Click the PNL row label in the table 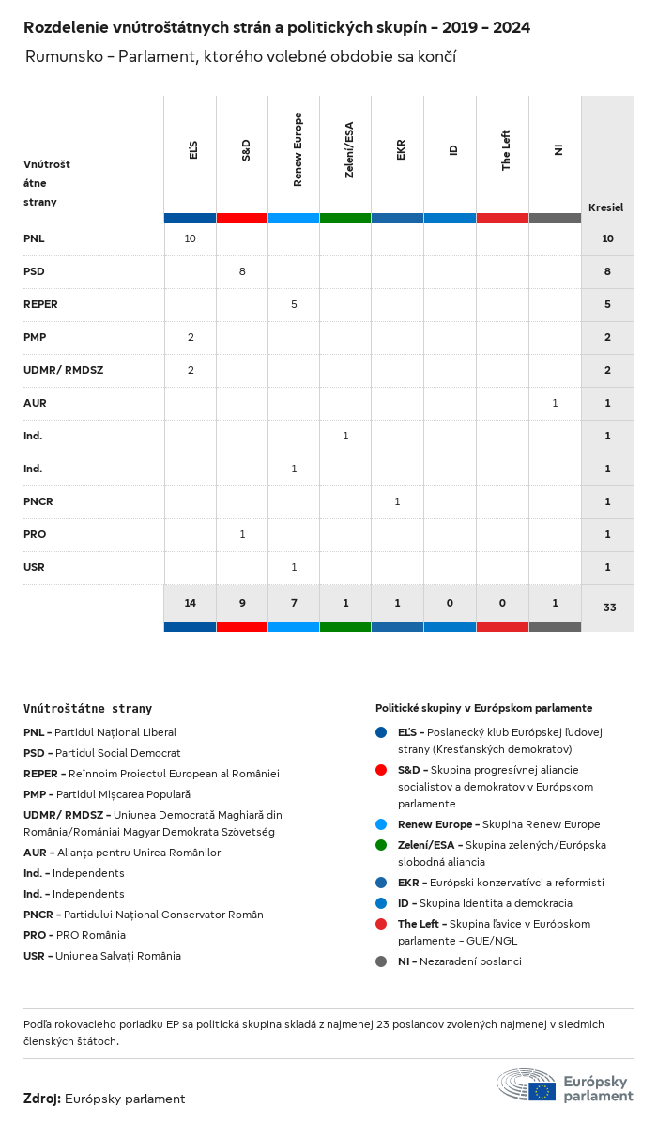34,238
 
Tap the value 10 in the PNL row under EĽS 190,238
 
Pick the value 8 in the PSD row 242,271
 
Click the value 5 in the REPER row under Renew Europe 294,304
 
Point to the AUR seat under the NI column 555,403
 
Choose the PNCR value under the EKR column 397,501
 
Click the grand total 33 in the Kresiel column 609,607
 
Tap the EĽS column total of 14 190,603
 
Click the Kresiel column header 605,207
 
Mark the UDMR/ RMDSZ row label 63,370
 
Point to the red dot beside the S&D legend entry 381,770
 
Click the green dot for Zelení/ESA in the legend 381,845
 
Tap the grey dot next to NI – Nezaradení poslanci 381,961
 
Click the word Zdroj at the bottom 42,1099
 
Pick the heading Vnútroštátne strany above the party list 87,709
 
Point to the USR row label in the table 34,567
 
